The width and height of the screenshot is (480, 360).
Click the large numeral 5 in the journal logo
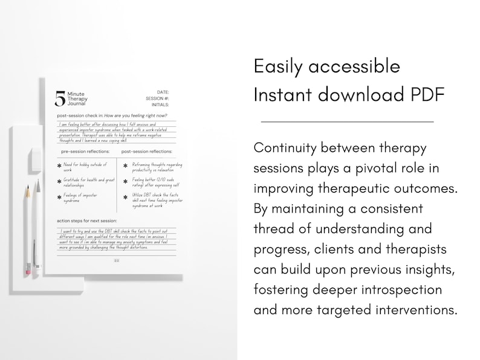(x=60, y=98)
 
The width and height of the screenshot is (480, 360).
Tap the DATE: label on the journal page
(x=163, y=92)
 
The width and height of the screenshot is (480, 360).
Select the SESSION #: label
(x=157, y=98)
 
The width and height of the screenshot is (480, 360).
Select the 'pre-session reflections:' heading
(x=85, y=152)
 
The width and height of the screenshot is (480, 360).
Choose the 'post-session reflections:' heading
(x=146, y=152)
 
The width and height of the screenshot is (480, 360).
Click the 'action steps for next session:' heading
(x=87, y=220)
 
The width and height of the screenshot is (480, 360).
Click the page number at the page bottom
(x=117, y=260)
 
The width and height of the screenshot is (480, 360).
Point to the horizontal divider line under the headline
(x=347, y=122)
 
